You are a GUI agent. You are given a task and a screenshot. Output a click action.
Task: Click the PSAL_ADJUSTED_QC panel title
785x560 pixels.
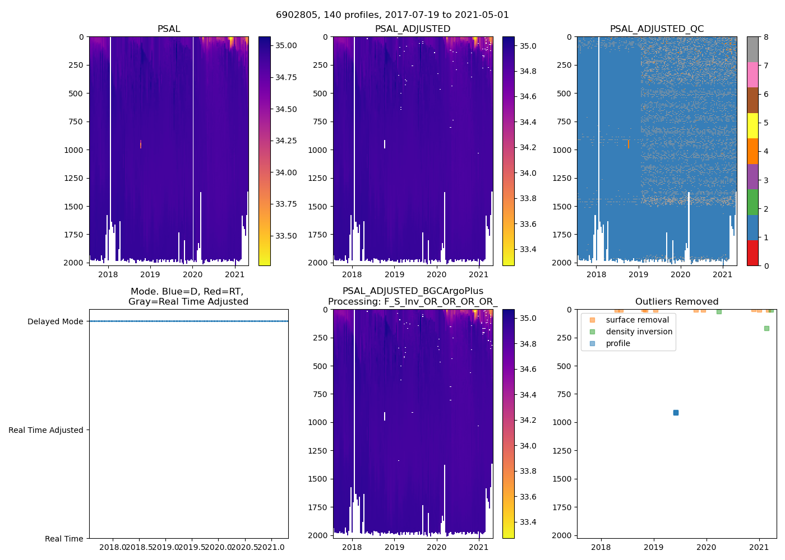[x=657, y=29]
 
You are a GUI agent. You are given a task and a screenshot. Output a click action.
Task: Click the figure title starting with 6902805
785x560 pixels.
[x=392, y=15]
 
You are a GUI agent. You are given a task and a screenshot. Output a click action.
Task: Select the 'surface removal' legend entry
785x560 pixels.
[x=637, y=320]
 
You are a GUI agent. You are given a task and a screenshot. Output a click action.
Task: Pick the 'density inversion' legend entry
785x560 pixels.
[x=639, y=332]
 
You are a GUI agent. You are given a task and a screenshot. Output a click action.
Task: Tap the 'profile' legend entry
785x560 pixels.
[x=618, y=343]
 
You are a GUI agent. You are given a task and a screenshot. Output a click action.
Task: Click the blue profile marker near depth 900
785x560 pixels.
[x=676, y=413]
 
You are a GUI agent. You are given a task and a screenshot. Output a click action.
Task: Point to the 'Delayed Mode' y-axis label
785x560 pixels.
[x=55, y=321]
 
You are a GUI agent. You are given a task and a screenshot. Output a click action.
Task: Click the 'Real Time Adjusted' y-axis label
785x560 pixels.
[x=46, y=430]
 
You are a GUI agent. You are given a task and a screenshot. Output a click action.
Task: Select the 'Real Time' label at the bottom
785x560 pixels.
[x=64, y=539]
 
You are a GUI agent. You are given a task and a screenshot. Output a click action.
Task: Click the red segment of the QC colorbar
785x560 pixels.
[x=752, y=253]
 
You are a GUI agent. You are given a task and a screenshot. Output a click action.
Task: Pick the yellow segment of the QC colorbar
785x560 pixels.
[x=752, y=125]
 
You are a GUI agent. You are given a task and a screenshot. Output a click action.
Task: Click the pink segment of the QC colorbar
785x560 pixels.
[x=752, y=74]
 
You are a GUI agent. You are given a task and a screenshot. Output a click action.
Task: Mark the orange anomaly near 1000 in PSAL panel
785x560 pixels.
[x=140, y=144]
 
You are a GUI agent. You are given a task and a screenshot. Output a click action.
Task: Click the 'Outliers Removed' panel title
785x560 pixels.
[x=676, y=301]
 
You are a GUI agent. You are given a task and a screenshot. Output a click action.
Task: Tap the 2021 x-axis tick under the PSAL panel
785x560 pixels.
[x=234, y=274]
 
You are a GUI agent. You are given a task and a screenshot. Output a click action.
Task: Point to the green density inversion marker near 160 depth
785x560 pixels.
[x=766, y=328]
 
